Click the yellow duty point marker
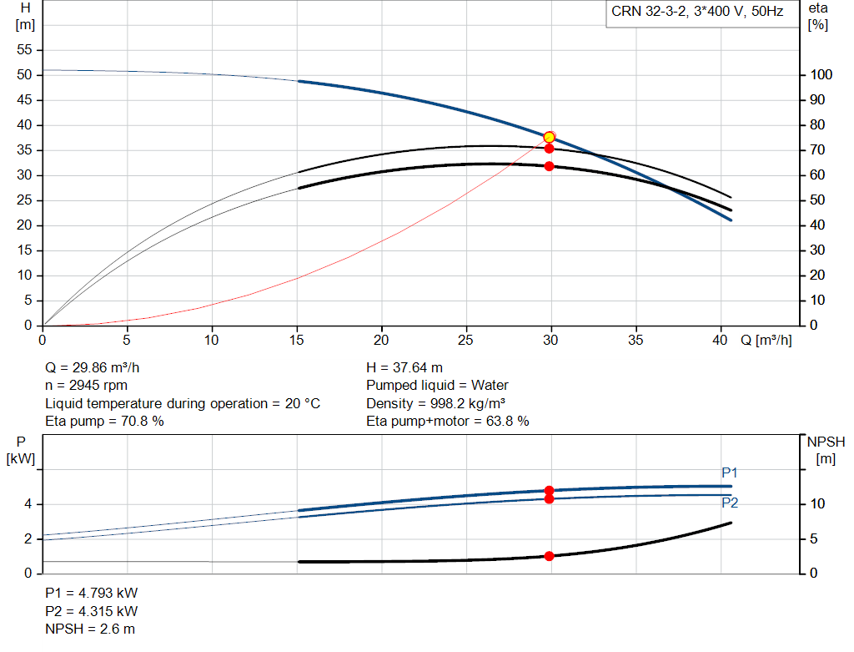549,137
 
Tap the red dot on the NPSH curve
549,556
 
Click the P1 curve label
729,473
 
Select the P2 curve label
729,503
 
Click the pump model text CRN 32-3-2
648,12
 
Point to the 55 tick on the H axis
24,49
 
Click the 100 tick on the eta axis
821,74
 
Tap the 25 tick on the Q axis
465,340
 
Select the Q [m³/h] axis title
766,340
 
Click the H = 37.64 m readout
404,368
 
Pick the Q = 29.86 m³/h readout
93,368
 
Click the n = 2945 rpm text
86,386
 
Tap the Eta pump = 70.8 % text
104,422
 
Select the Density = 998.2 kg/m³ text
435,403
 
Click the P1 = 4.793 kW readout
92,593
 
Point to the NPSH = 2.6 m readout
90,629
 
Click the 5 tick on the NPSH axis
814,538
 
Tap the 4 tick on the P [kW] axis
28,504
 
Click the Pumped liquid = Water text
437,386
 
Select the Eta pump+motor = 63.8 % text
448,422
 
